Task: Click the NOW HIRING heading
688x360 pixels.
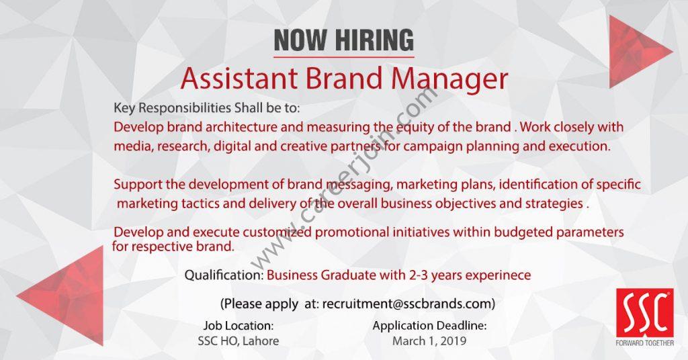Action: pos(343,40)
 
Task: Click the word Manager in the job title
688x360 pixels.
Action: pos(449,79)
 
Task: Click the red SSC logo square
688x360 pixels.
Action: pos(644,312)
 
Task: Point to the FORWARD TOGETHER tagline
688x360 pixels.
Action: pos(644,343)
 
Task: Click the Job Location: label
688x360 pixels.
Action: pos(239,326)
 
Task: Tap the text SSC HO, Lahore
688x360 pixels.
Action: pos(239,341)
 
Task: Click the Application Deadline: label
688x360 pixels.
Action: pos(429,326)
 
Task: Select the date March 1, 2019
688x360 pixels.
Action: pos(429,341)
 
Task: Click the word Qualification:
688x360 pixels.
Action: pos(224,275)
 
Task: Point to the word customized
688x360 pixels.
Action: pos(277,232)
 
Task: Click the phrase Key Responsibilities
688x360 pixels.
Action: pos(173,108)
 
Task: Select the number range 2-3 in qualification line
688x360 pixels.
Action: pos(419,275)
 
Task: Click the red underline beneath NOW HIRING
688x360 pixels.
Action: pos(343,57)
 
